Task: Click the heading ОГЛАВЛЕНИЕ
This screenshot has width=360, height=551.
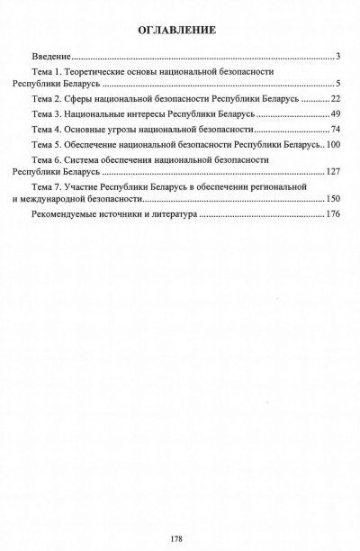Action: pyautogui.click(x=176, y=30)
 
